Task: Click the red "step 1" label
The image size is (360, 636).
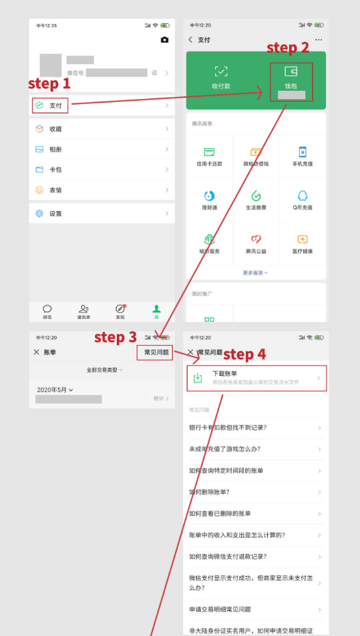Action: (x=49, y=83)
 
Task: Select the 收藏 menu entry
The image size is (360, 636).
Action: (x=55, y=128)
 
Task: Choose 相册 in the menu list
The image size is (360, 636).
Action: (x=55, y=149)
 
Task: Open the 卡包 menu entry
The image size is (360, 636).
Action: (x=55, y=169)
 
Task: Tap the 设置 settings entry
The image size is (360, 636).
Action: (x=55, y=213)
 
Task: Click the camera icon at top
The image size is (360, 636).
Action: (x=164, y=40)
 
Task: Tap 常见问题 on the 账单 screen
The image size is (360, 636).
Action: (x=156, y=352)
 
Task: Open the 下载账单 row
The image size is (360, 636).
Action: (x=256, y=378)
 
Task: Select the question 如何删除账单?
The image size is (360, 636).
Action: (x=209, y=492)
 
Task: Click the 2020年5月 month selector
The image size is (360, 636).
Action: (x=55, y=389)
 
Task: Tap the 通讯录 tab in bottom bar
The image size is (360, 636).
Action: (x=84, y=312)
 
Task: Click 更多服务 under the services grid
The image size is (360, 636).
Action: (x=255, y=273)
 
